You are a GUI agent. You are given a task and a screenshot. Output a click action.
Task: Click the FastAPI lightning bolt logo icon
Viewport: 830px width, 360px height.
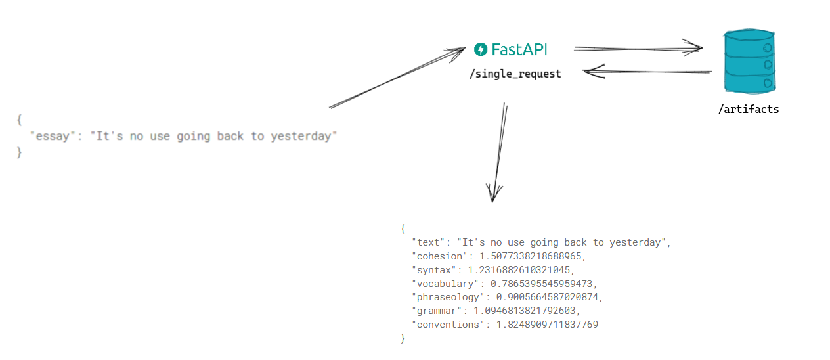tap(481, 49)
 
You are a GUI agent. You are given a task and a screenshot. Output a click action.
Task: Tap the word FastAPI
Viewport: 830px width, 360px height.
tap(519, 49)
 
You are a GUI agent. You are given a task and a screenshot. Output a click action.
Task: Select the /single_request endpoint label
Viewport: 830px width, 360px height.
tap(515, 74)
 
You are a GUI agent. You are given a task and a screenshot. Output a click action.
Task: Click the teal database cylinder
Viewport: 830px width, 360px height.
tap(749, 62)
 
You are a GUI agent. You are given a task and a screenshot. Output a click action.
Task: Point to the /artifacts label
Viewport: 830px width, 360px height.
tap(748, 109)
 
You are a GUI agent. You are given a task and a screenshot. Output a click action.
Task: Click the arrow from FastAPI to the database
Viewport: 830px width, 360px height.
tap(637, 48)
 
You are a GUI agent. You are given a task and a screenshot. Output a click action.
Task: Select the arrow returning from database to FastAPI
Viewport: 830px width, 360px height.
tap(647, 71)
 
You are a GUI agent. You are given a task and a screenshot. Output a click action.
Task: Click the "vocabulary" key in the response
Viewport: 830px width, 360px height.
tap(443, 284)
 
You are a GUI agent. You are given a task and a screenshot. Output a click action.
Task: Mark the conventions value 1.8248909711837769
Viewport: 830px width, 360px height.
tap(542, 325)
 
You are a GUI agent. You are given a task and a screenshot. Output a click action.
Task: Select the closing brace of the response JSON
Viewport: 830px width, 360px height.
tap(403, 338)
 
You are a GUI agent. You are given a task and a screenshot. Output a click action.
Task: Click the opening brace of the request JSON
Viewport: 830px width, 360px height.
tap(20, 120)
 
